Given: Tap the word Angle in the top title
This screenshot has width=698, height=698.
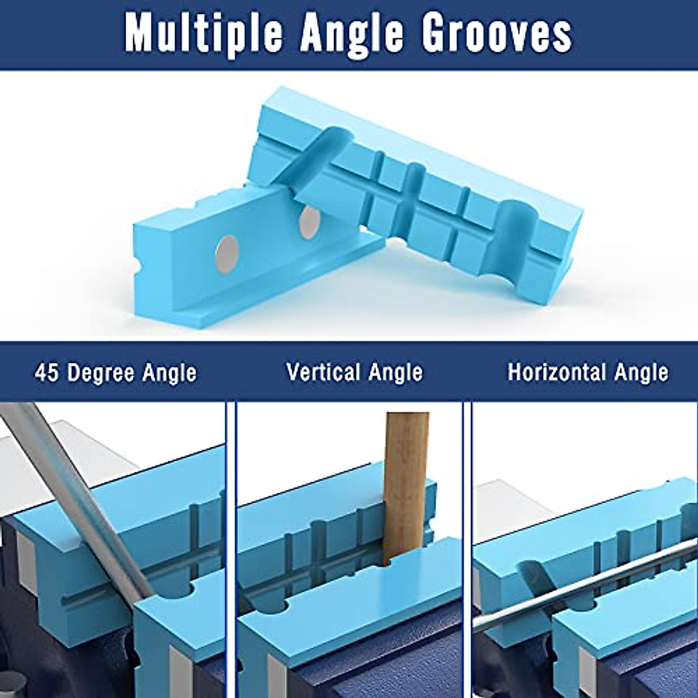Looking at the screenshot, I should click(348, 34).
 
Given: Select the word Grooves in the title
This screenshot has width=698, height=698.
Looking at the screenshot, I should click(497, 34).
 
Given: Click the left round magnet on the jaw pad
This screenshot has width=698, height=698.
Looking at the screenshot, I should click(226, 250).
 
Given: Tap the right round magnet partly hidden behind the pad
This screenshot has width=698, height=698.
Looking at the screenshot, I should click(308, 222).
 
